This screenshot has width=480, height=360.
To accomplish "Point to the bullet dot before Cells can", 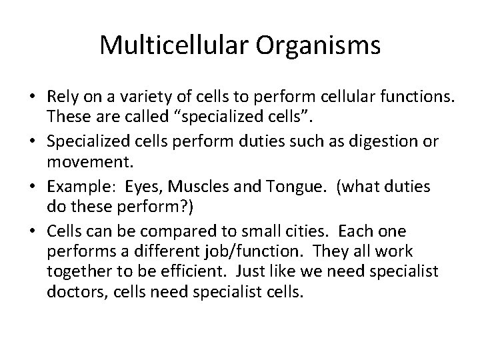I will [33, 231].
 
